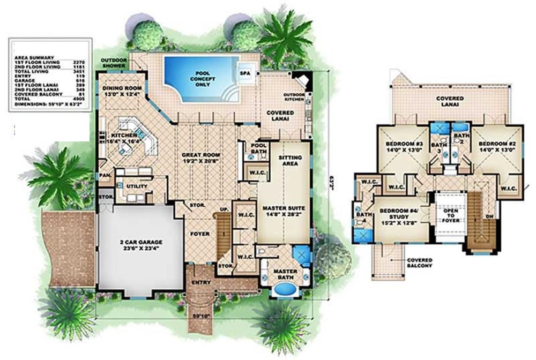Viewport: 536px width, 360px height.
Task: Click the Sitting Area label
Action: click(291, 161)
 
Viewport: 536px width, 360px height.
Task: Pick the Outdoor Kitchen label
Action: click(294, 98)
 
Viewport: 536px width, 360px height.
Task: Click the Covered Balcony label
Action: click(420, 263)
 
